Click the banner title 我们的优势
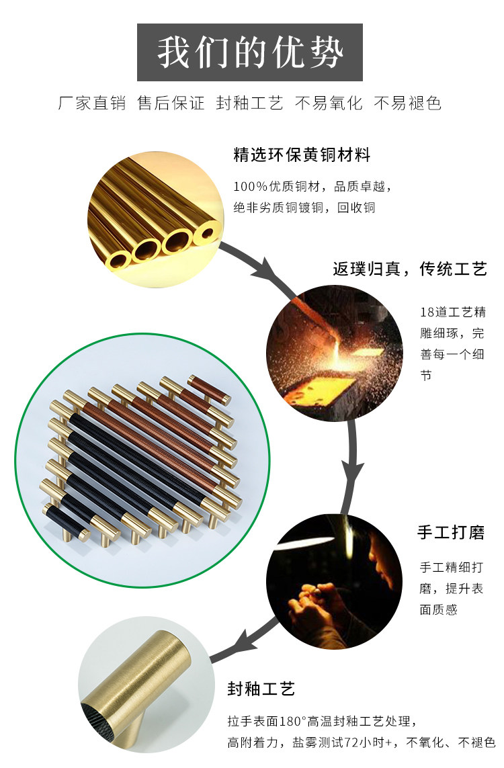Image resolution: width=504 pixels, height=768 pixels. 250,53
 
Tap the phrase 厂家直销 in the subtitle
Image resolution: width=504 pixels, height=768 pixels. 92,103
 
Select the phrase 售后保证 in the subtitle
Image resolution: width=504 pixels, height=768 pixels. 171,103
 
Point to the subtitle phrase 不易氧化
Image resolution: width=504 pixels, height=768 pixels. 329,103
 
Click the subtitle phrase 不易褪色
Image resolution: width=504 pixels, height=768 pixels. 407,103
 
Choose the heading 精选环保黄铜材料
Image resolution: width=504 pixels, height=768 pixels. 302,155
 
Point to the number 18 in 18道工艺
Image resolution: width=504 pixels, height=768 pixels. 426,313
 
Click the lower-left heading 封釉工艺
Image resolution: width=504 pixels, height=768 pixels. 261,689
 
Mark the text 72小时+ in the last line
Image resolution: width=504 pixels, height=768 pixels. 366,742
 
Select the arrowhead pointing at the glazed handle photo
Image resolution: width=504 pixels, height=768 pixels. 240,644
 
